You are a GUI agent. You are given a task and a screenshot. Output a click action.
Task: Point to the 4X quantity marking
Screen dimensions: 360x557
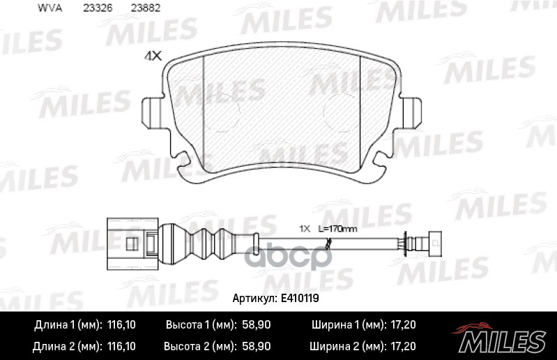click(x=151, y=58)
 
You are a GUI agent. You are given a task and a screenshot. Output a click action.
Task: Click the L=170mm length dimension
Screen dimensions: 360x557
click(x=339, y=229)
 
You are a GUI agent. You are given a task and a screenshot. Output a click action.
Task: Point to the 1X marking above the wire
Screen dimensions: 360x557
click(x=305, y=229)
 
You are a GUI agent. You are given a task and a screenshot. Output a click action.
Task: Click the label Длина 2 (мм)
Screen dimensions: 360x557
click(x=68, y=346)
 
